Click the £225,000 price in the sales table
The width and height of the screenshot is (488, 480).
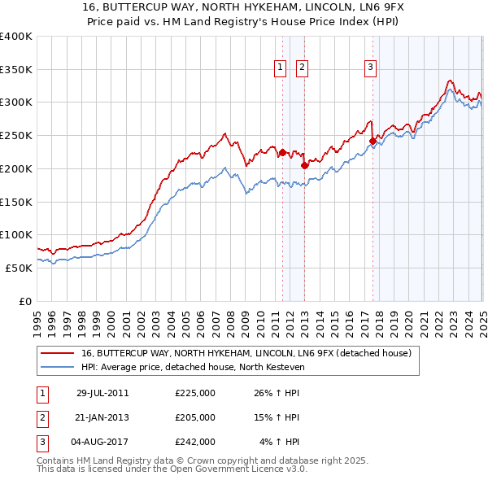195,393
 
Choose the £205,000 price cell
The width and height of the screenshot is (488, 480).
195,417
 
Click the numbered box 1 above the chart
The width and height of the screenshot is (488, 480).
280,68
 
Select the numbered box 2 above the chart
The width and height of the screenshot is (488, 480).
302,68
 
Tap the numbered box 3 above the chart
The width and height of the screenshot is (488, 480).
370,68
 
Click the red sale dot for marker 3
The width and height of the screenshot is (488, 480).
373,141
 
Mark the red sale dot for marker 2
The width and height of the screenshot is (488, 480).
304,165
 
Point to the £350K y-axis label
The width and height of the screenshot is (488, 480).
15,70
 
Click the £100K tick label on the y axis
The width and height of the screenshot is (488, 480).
15,235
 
